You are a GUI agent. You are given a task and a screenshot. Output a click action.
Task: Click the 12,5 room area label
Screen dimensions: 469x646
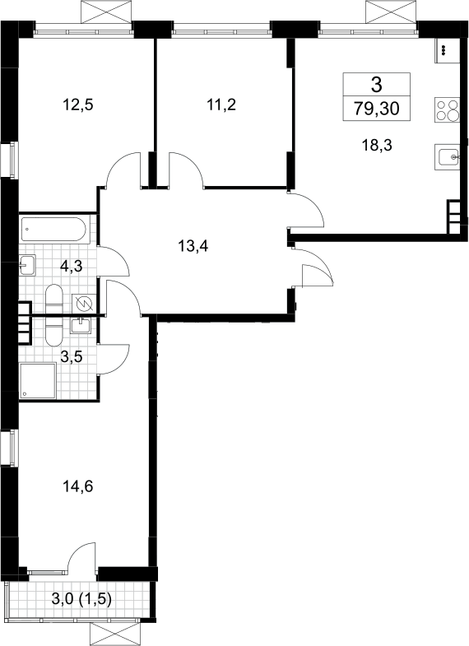(78, 105)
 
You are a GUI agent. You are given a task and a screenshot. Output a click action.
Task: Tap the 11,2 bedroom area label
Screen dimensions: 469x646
(221, 105)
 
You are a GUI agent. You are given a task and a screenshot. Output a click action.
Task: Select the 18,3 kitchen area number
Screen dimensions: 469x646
(377, 145)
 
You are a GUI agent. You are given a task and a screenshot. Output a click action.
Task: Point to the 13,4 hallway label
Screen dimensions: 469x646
(193, 246)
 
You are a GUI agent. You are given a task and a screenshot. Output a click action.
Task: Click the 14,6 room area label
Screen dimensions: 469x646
(78, 486)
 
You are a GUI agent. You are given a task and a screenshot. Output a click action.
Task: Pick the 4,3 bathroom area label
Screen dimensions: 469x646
(72, 266)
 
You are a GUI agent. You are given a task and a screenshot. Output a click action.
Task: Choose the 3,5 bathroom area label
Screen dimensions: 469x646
(72, 357)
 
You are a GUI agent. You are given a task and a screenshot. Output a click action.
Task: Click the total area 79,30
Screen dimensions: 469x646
(377, 109)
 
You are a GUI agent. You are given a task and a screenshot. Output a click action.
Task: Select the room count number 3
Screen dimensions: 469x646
(377, 86)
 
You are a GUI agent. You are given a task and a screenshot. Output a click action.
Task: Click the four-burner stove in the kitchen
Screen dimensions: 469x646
(447, 109)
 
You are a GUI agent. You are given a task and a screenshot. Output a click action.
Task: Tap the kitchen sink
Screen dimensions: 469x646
(447, 156)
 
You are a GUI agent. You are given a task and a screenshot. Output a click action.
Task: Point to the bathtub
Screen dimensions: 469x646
(53, 229)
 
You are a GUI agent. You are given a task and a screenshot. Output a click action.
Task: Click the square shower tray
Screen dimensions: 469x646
(38, 381)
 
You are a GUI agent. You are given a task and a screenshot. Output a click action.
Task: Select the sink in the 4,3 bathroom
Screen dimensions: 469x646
(27, 264)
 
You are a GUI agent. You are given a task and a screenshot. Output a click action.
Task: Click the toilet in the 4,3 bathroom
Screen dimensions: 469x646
(53, 299)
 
